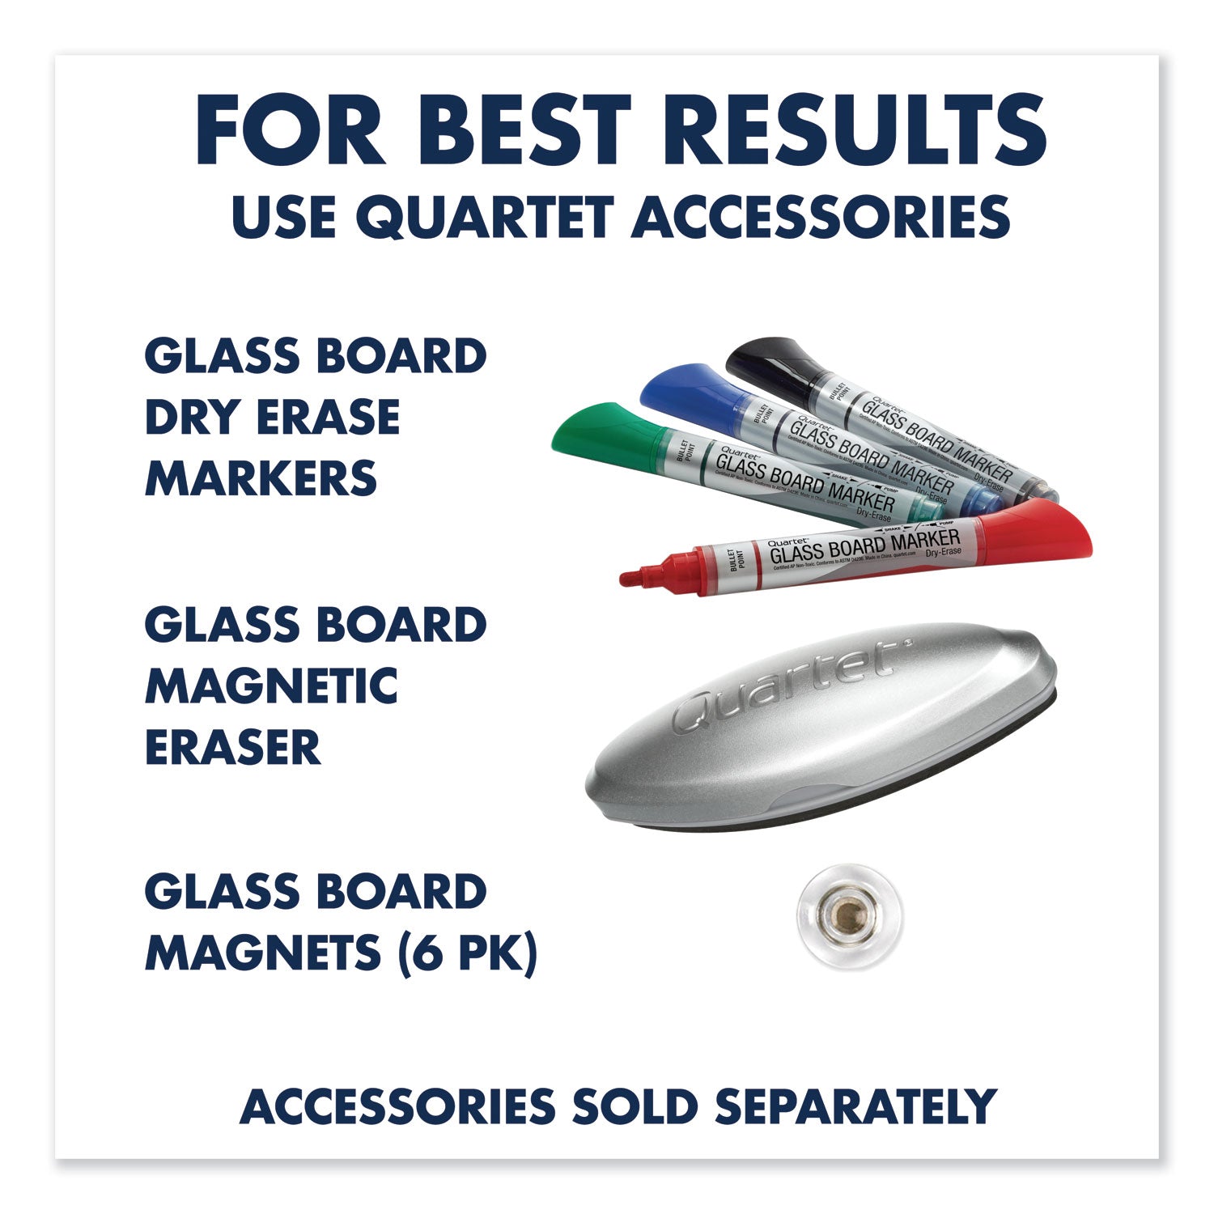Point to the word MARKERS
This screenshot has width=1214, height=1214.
click(x=261, y=478)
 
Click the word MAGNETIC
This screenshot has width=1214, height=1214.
click(x=271, y=686)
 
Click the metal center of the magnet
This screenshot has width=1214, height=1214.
click(x=845, y=915)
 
